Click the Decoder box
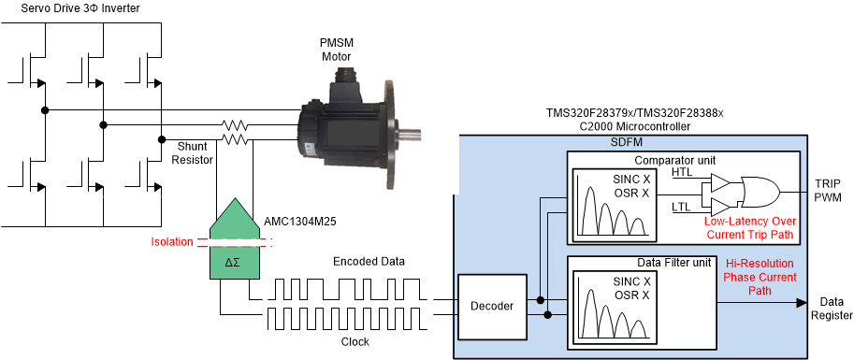click(x=492, y=306)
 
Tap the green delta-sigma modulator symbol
click(x=234, y=238)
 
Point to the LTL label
click(x=681, y=207)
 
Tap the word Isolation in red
click(x=173, y=242)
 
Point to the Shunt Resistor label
click(x=195, y=153)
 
